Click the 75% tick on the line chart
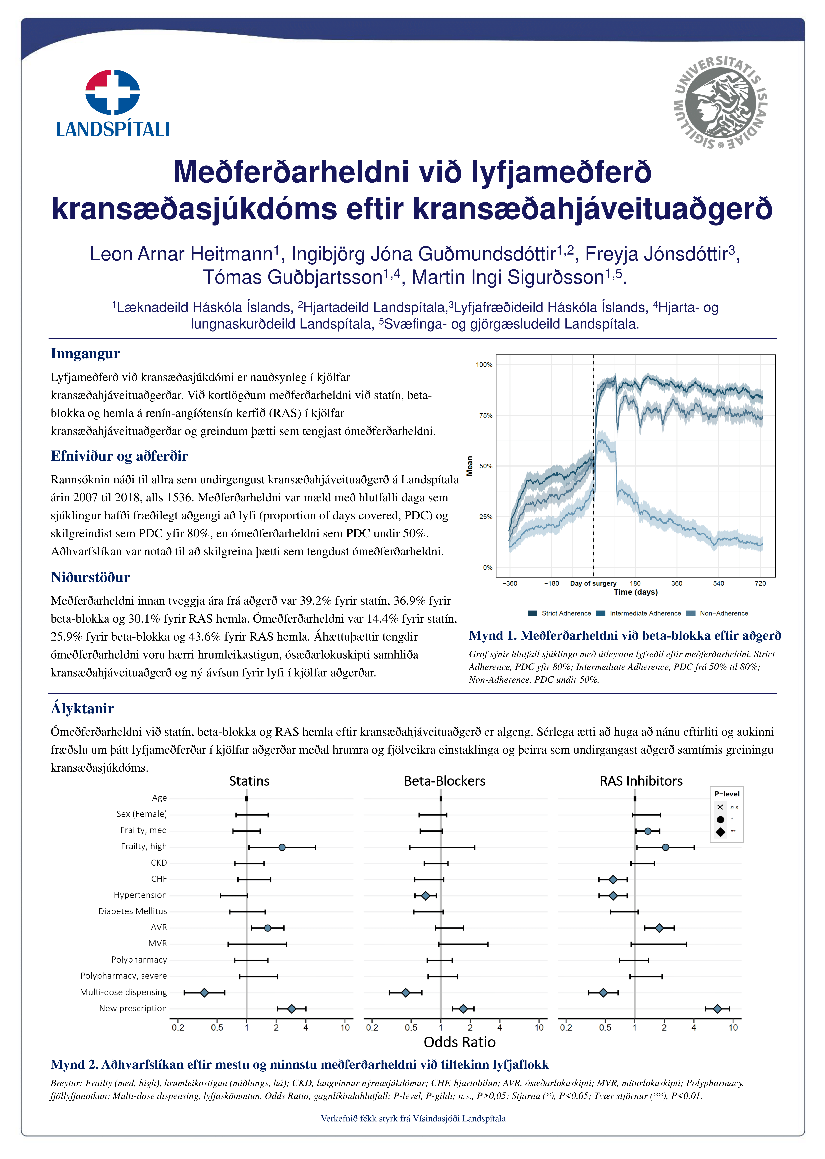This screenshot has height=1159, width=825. (x=486, y=415)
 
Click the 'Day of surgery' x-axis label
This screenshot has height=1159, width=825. (x=593, y=584)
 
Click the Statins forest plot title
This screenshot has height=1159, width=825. (x=249, y=781)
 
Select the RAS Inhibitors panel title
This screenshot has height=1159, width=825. (x=641, y=781)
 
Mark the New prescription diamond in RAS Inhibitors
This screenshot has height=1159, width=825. (x=717, y=1009)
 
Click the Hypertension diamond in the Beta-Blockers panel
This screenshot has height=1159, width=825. (x=426, y=895)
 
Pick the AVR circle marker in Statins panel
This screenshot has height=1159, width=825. (x=268, y=928)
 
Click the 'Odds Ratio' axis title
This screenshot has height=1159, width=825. (x=459, y=1042)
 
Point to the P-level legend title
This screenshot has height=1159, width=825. (x=726, y=794)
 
